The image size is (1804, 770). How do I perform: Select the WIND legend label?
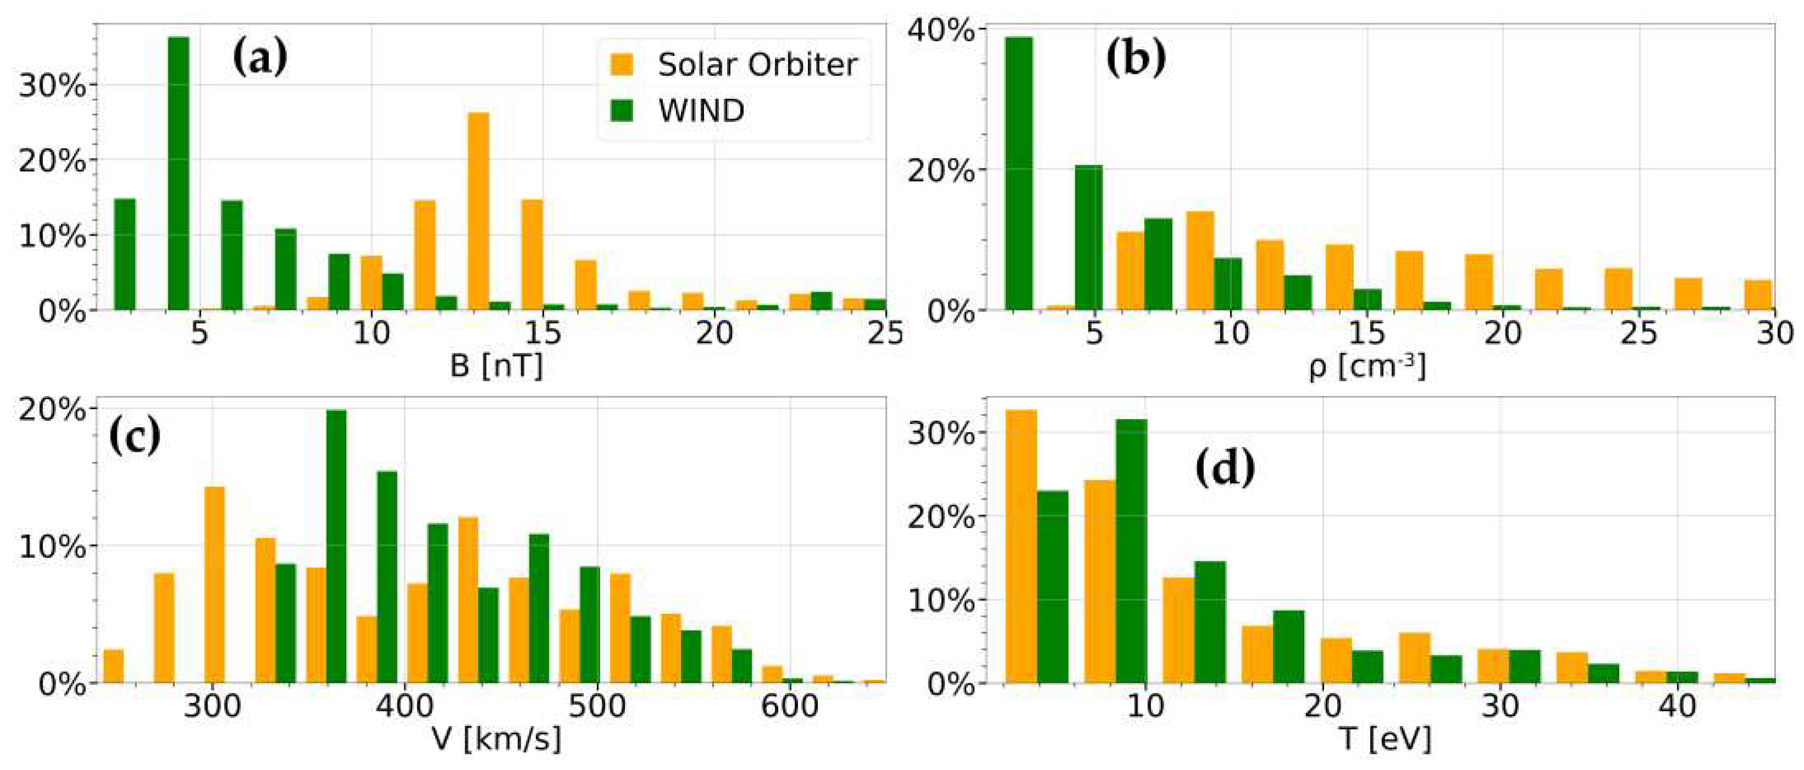(x=701, y=111)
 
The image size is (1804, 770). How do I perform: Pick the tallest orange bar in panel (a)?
(x=478, y=211)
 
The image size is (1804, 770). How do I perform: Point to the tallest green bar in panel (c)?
(x=336, y=546)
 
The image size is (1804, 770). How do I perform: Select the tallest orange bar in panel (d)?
(x=1021, y=546)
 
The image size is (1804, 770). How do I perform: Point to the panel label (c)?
(x=135, y=437)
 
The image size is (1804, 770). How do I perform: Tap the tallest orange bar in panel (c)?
(x=214, y=584)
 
